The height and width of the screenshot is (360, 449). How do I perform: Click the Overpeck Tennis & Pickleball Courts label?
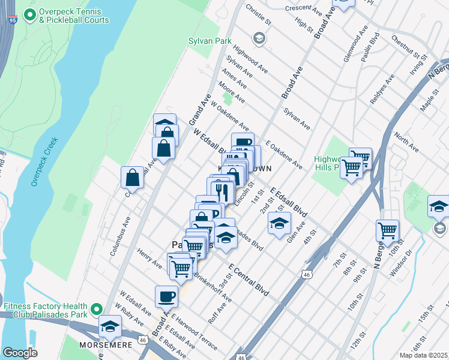pos(66,16)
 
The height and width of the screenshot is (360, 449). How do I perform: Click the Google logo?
pos(20,353)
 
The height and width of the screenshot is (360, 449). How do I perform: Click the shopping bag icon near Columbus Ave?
pos(132,178)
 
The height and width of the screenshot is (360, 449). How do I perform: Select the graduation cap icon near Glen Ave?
pos(279,223)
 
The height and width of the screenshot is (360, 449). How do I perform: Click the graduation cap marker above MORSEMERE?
pos(110,326)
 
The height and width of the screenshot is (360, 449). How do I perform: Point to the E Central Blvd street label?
pos(249,281)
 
